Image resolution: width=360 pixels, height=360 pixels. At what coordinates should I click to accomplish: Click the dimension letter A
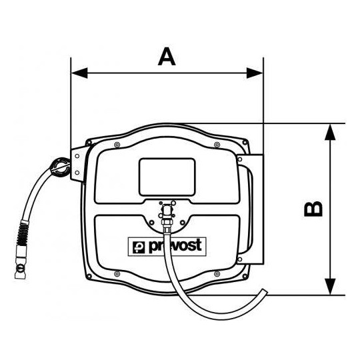pyautogui.click(x=167, y=57)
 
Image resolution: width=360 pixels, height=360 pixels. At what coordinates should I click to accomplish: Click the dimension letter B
pyautogui.click(x=313, y=209)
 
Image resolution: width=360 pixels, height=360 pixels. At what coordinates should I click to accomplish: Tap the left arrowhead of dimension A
pyautogui.click(x=79, y=73)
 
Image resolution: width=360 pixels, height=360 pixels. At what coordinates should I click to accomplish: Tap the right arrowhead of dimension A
pyautogui.click(x=255, y=73)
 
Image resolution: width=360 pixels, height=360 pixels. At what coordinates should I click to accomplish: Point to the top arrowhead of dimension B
pyautogui.click(x=330, y=132)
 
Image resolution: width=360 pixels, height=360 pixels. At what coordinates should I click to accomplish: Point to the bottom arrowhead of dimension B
pyautogui.click(x=330, y=287)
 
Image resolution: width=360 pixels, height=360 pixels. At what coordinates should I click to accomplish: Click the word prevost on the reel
pyautogui.click(x=175, y=245)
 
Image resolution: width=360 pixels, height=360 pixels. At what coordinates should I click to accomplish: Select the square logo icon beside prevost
pyautogui.click(x=139, y=247)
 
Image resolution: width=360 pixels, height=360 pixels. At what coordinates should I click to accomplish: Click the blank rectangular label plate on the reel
pyautogui.click(x=167, y=177)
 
